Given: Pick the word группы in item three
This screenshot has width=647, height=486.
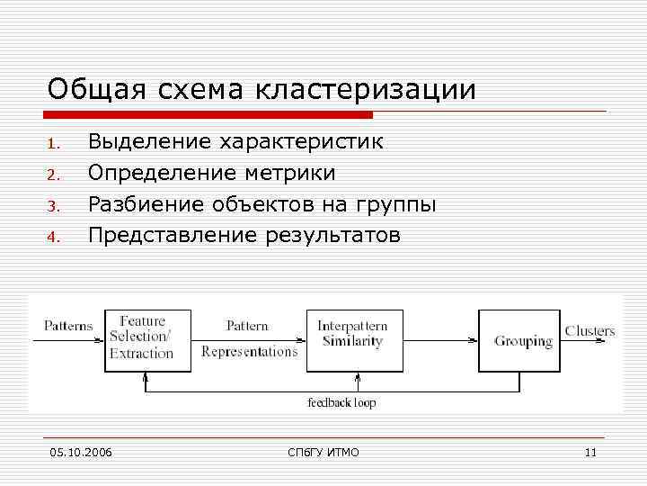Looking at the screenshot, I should (398, 205).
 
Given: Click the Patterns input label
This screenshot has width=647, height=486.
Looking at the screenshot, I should (68, 325).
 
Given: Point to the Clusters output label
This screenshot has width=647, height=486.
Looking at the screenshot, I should (589, 330).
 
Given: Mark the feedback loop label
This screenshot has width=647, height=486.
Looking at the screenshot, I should (341, 402).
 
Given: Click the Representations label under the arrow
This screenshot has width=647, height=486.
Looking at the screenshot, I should (249, 352).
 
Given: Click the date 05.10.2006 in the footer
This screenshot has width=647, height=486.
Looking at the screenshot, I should (82, 452).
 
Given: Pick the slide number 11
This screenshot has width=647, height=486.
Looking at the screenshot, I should (590, 452).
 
